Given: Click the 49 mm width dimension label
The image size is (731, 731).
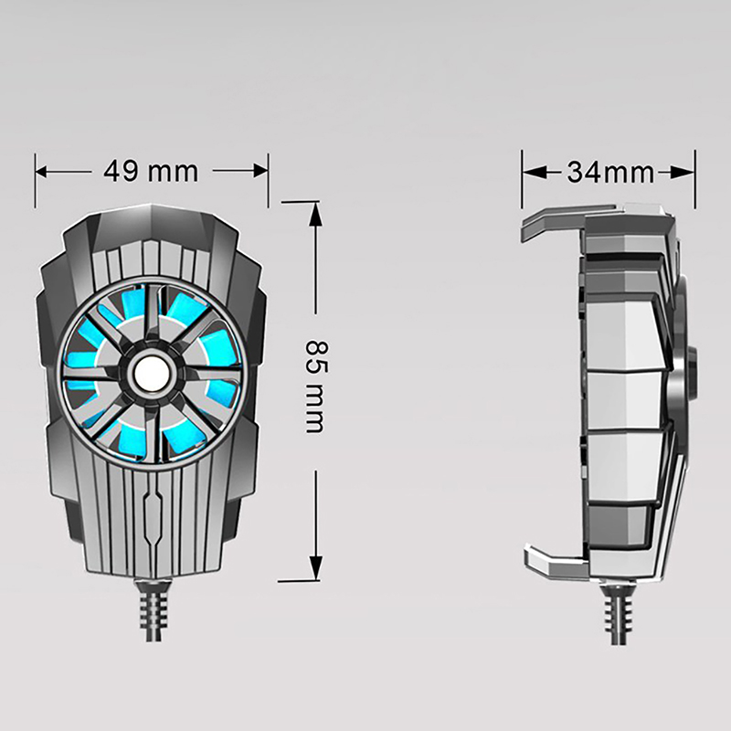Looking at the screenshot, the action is point(151,171).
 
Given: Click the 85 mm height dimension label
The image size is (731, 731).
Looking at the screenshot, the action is point(317,387).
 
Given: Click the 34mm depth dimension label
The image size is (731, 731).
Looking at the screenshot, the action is point(610,173).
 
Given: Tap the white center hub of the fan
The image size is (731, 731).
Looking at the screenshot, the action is point(148,374).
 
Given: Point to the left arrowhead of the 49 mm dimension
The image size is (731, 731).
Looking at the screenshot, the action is point(41,172).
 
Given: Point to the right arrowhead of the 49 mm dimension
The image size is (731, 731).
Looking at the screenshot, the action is point(261,171).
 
